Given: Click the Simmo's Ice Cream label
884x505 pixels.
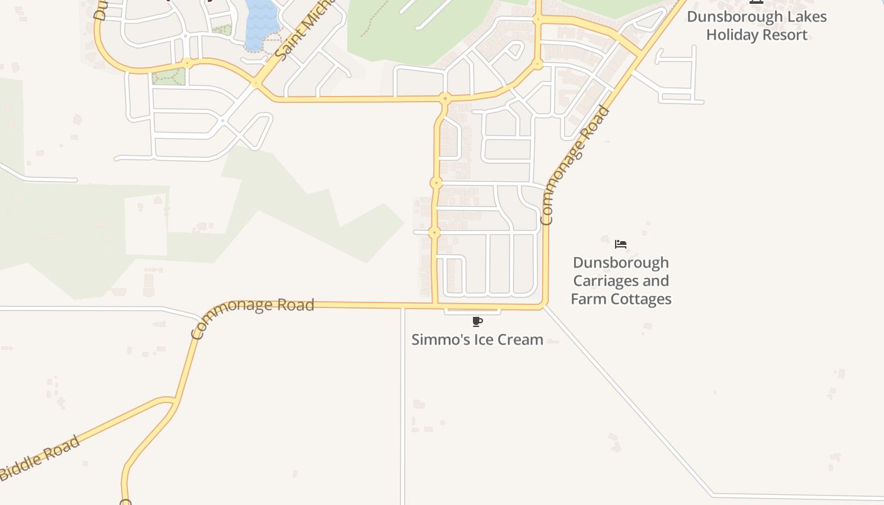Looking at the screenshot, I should (477, 340).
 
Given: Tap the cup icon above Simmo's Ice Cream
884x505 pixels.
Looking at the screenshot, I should (477, 322).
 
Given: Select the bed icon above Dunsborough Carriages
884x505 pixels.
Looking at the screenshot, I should (621, 244).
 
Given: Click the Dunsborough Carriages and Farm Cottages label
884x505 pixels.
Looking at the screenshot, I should (621, 281).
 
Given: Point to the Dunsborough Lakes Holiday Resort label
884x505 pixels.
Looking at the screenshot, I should (756, 25).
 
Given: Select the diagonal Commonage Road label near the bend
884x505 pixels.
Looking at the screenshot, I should (575, 165).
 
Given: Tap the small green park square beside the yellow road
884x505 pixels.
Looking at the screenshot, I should (169, 77).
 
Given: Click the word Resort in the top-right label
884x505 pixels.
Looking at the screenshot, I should (783, 35).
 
